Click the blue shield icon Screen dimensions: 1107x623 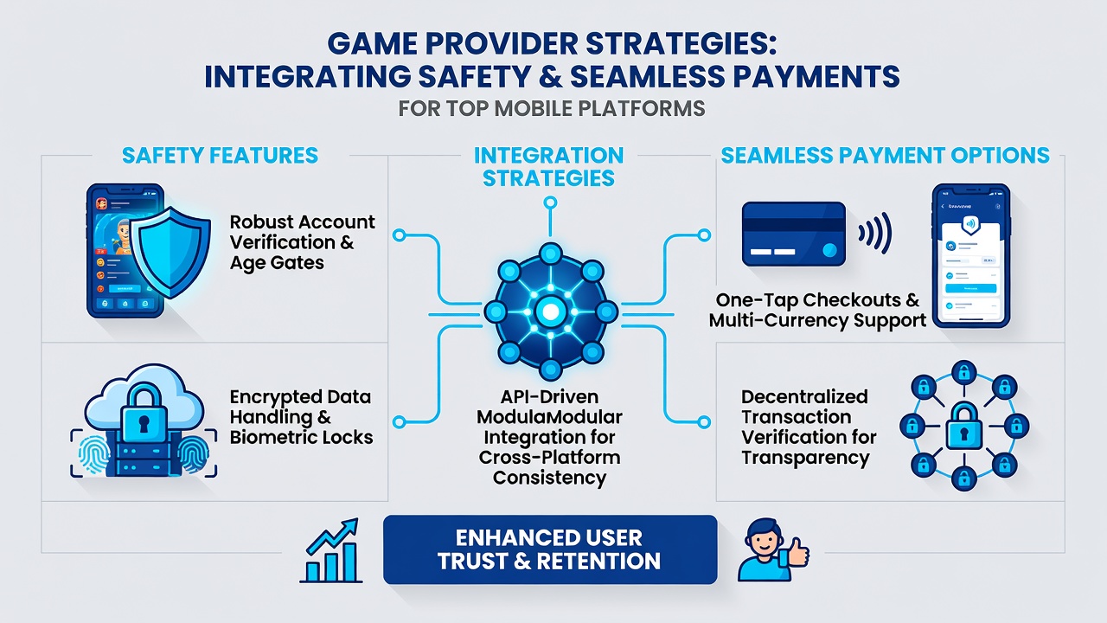[170, 252]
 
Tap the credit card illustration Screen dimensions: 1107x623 [794, 234]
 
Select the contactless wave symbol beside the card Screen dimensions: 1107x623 [875, 234]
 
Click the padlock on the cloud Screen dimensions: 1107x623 [144, 414]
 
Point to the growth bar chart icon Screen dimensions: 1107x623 [330, 550]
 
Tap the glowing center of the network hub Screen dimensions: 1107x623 [551, 312]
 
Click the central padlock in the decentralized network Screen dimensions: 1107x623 [963, 427]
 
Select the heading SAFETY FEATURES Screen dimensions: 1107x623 [220, 155]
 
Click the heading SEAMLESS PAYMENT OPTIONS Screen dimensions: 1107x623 [885, 155]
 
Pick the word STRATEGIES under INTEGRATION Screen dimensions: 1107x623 [548, 178]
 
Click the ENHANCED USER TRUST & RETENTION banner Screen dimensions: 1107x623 [550, 549]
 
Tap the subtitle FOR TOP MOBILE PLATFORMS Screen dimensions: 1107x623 [552, 109]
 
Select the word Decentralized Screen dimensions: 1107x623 [804, 396]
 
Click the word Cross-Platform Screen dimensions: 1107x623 [549, 458]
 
